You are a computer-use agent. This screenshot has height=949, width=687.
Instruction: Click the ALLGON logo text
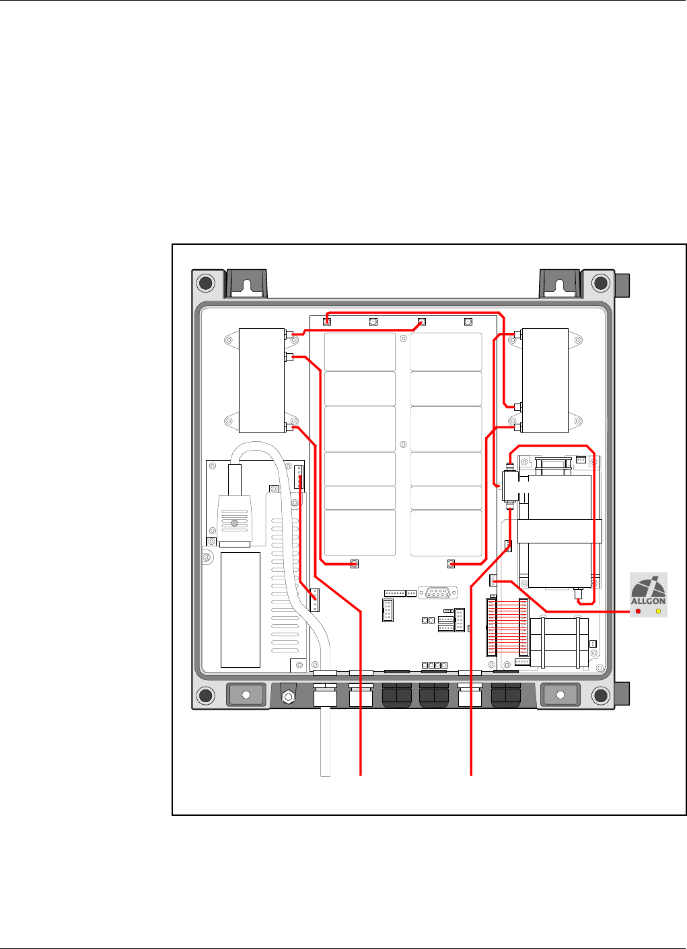[x=648, y=601]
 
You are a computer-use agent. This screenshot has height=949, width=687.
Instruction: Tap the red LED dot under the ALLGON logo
[x=639, y=611]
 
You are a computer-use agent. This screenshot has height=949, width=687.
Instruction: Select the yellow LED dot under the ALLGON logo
[x=658, y=611]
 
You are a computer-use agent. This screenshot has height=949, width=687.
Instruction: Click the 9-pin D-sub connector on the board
[x=438, y=593]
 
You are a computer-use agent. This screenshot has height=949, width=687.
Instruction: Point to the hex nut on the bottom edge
[x=288, y=697]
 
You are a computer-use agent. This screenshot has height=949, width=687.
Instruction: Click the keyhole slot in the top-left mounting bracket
[x=247, y=286]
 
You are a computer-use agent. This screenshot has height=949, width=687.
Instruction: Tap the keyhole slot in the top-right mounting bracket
[x=559, y=286]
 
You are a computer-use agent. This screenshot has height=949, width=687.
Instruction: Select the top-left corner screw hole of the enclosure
[x=206, y=282]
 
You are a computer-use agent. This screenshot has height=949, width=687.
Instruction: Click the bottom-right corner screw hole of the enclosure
[x=601, y=695]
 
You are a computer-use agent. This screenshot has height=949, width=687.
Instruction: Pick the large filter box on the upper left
[x=262, y=381]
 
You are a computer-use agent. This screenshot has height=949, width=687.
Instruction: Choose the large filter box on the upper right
[x=545, y=381]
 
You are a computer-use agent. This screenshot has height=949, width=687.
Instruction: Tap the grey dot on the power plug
[x=234, y=523]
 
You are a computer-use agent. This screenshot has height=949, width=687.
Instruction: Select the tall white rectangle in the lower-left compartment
[x=240, y=610]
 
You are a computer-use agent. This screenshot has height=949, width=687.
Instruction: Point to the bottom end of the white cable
[x=325, y=775]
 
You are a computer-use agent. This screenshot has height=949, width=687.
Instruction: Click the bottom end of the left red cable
[x=361, y=775]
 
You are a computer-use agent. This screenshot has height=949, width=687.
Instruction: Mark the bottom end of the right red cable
[x=471, y=775]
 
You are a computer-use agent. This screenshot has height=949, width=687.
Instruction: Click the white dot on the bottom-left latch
[x=246, y=695]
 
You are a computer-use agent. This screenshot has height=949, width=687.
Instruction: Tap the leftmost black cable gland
[x=397, y=695]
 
